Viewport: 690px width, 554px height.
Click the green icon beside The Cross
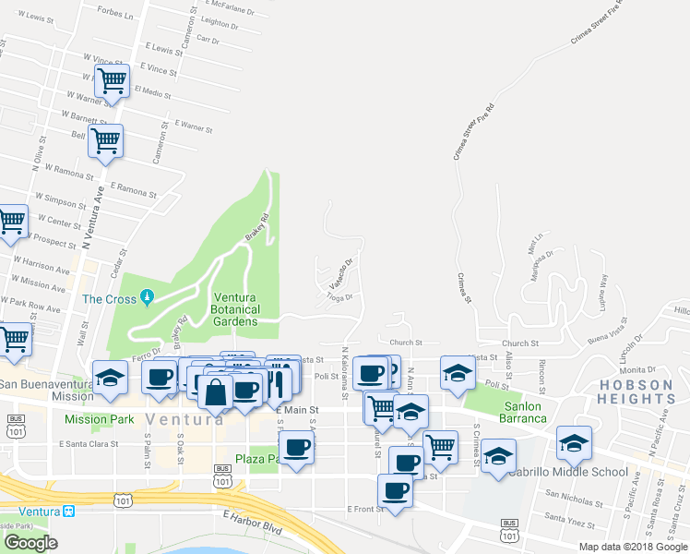tap(146, 297)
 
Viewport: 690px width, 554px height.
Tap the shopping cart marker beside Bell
tap(105, 141)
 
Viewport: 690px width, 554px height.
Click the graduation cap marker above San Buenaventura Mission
tap(110, 377)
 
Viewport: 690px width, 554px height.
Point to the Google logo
tap(30, 543)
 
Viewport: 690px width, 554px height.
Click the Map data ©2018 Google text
tap(633, 547)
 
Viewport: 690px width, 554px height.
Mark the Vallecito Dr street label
tap(339, 275)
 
